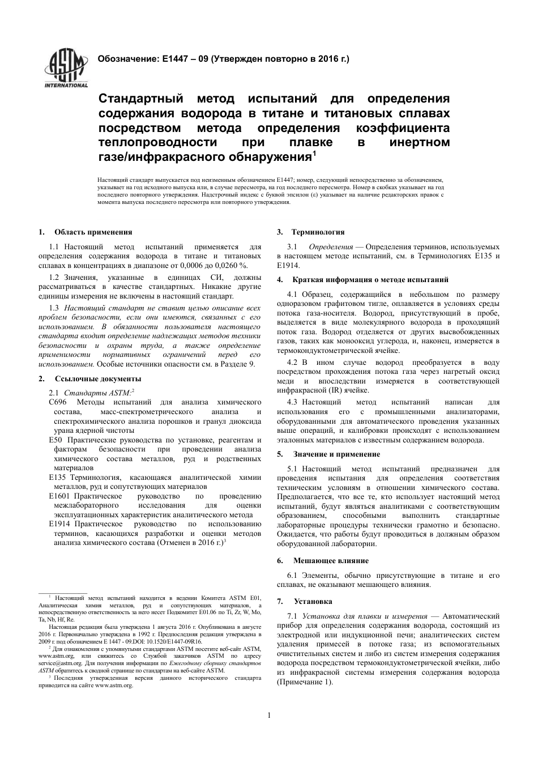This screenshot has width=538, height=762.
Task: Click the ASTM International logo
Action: pos(66,67)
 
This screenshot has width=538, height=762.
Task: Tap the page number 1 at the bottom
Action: pos(269,715)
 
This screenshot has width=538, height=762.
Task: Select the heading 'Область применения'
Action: pos(93,232)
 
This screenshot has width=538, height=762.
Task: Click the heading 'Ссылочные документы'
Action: pos(98,378)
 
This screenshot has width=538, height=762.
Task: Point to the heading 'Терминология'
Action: pos(318,232)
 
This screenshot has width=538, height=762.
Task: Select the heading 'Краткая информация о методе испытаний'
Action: pos(370,279)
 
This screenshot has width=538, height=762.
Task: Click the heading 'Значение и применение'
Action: pos(336,454)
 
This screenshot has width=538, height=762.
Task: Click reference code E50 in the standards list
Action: pos(55,440)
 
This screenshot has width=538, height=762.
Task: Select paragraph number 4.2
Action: pos(293,363)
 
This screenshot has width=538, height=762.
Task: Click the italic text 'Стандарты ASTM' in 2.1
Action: pos(97,392)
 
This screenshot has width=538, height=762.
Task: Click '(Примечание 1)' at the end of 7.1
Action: pos(305,682)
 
